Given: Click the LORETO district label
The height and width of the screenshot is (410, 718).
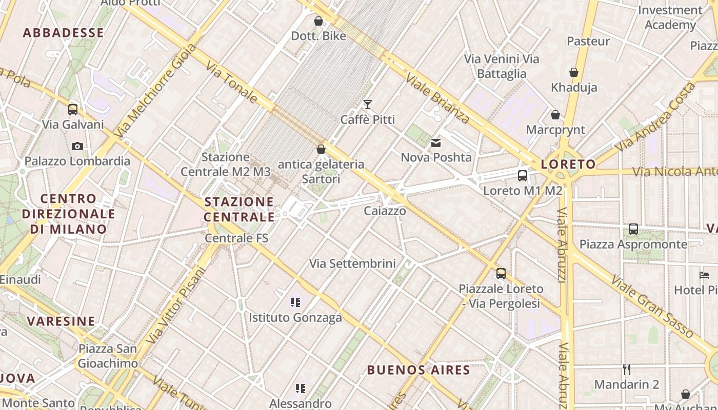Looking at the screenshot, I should [x=568, y=165].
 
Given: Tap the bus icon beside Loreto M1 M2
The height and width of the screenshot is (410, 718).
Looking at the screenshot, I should [x=523, y=176].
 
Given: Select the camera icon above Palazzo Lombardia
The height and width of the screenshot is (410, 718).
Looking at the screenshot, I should [x=77, y=147].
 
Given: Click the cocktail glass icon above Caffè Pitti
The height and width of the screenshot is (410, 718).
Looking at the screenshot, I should [x=368, y=105].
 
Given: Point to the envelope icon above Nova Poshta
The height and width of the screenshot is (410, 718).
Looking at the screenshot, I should [x=436, y=143].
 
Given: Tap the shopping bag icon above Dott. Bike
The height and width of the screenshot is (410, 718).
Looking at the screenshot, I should [x=318, y=21].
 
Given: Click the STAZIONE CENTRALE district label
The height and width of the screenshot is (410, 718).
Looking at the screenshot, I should [x=239, y=209].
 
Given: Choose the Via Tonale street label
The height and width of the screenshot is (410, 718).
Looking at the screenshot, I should [x=231, y=82].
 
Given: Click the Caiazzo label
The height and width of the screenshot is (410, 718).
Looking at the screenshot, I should [x=385, y=211].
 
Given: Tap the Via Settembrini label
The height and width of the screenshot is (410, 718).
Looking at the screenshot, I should [x=352, y=263].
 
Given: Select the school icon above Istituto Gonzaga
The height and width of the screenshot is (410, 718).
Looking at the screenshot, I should [x=295, y=302].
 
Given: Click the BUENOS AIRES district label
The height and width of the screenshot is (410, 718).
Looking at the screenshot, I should [x=418, y=370].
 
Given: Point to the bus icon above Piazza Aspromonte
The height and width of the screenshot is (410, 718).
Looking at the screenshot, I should [x=633, y=229].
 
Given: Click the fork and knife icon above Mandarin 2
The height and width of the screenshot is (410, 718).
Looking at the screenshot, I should [x=626, y=369].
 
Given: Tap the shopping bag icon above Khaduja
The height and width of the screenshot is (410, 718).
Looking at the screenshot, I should [x=574, y=72].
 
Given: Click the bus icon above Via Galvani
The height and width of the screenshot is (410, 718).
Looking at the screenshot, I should [x=73, y=109].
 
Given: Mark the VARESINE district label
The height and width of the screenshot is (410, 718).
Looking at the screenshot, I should [x=61, y=321].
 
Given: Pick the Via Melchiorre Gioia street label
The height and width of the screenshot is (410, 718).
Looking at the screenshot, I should [x=156, y=90].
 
